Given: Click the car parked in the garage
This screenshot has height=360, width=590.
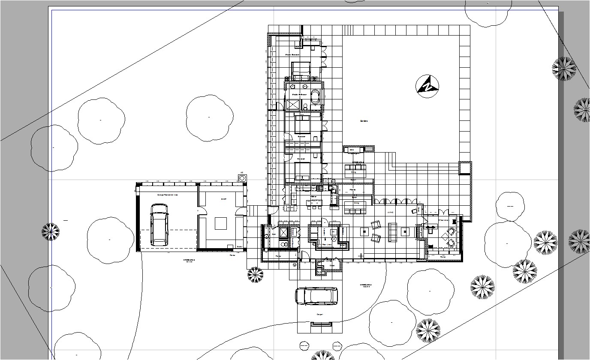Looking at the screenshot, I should [159, 225].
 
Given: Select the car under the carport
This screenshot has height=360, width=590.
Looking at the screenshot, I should [316, 296].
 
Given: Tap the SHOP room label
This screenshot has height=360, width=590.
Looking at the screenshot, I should [223, 199].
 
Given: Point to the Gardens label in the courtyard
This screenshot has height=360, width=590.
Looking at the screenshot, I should [364, 121].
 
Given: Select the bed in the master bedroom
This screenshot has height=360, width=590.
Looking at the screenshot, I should [301, 71].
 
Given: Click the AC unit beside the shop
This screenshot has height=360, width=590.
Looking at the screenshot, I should [242, 177].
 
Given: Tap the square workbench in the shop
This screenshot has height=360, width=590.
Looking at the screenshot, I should [221, 224].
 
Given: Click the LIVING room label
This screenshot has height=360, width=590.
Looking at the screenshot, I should [390, 212].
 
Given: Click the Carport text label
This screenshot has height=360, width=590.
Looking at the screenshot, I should [319, 315].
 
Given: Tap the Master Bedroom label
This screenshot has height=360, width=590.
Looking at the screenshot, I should [292, 55].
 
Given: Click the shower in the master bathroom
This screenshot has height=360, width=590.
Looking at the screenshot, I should [294, 105].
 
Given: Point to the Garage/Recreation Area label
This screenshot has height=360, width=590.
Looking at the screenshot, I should [167, 195].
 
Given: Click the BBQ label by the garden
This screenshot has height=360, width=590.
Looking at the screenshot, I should [351, 150].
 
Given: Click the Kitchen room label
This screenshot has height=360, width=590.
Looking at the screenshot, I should [314, 197].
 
